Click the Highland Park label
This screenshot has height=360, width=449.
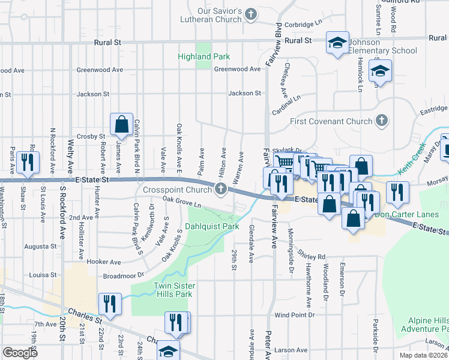tap(203, 56)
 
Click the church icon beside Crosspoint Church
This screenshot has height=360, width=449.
tap(221, 190)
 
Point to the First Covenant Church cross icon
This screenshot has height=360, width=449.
tap(381, 121)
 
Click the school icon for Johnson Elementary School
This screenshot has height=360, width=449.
tap(337, 43)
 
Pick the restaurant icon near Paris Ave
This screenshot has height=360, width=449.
tap(28, 163)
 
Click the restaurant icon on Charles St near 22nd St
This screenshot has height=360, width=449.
tap(110, 304)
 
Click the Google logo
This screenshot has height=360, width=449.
tap(20, 353)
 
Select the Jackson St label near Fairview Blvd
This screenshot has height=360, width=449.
tap(244, 93)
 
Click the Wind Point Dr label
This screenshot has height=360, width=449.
tap(295, 315)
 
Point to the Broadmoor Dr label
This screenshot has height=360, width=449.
tap(124, 275)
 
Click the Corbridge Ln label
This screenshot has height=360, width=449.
tap(307, 25)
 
